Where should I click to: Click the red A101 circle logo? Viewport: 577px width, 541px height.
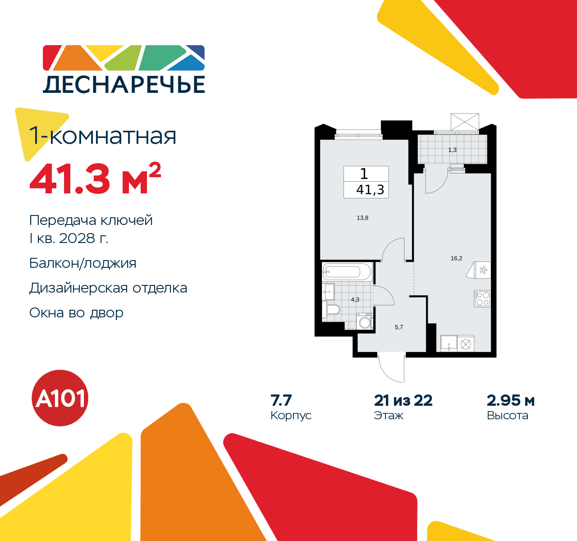[x=60, y=398]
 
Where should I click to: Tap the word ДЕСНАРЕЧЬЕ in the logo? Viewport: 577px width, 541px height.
[x=124, y=84]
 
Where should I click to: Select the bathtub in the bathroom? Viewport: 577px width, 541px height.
[x=347, y=271]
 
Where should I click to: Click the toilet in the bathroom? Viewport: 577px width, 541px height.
[x=333, y=310]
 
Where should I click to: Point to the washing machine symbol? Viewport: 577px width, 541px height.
[x=365, y=322]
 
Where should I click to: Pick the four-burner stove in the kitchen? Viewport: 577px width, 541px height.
[x=482, y=298]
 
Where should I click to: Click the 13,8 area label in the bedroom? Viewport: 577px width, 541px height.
[x=362, y=218]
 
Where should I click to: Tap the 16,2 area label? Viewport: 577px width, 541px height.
[x=456, y=258]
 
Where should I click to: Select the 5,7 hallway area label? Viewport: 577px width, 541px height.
[x=399, y=327]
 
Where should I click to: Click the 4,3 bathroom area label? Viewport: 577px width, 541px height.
[x=355, y=299]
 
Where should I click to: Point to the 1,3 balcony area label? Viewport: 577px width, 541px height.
[x=453, y=150]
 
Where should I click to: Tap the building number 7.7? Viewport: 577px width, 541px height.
[x=281, y=400]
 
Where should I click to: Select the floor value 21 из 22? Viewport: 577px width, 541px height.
[x=403, y=400]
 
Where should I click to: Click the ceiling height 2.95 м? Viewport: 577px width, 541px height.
[x=511, y=400]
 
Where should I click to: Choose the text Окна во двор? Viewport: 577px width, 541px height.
[x=76, y=312]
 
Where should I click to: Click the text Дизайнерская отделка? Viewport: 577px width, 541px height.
[x=108, y=288]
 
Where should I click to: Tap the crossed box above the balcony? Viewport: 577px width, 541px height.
[x=464, y=122]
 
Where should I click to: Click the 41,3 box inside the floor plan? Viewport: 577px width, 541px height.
[x=370, y=190]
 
